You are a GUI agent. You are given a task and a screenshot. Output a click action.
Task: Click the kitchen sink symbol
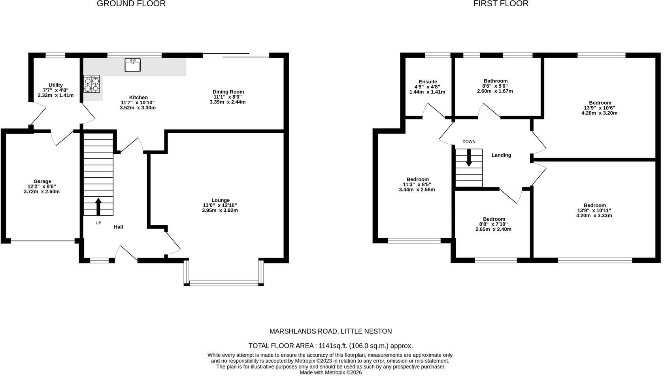[132, 65]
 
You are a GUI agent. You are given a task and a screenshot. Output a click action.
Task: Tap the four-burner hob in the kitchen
[91, 84]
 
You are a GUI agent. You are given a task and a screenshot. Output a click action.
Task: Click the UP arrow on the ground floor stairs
[98, 207]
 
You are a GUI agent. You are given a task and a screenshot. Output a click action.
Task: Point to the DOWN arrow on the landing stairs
[469, 157]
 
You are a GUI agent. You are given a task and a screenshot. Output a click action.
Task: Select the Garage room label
[42, 181]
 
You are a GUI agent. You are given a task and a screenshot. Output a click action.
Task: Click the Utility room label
[56, 85]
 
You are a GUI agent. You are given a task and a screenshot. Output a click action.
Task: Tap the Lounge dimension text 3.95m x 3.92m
[220, 211]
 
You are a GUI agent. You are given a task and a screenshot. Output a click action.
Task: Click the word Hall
[118, 227]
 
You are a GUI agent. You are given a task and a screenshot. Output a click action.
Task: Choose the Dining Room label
[228, 92]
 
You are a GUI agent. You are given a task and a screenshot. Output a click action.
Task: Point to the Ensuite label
[428, 82]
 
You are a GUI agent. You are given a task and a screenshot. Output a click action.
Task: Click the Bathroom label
[496, 81]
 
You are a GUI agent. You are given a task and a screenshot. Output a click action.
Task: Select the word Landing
[501, 155]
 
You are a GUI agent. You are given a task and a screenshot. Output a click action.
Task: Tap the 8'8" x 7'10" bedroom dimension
[494, 224]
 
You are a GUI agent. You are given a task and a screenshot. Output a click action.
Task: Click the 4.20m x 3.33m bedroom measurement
[594, 215]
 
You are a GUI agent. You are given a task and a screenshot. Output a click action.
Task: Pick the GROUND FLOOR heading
[131, 4]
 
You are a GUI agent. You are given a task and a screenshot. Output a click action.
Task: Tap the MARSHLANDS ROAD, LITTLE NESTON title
[330, 331]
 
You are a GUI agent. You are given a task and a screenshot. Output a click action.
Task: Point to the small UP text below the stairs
[98, 223]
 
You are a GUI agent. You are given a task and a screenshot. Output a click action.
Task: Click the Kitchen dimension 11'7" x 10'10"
[138, 103]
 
